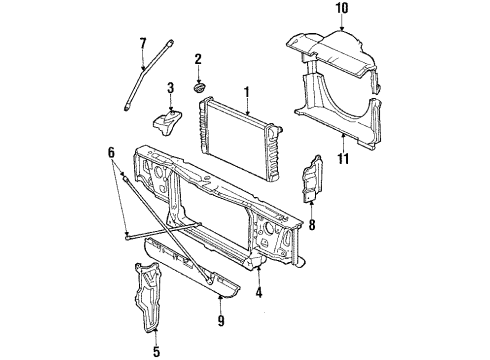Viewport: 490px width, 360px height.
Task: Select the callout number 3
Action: tap(170, 90)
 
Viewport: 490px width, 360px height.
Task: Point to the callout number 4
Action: tap(260, 294)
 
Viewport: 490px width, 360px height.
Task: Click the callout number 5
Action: tap(156, 351)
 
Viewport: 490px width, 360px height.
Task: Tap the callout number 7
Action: tap(142, 42)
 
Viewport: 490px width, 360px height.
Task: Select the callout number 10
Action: tap(341, 10)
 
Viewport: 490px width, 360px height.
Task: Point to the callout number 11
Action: tap(343, 156)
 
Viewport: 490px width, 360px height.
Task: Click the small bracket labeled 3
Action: tap(166, 124)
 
